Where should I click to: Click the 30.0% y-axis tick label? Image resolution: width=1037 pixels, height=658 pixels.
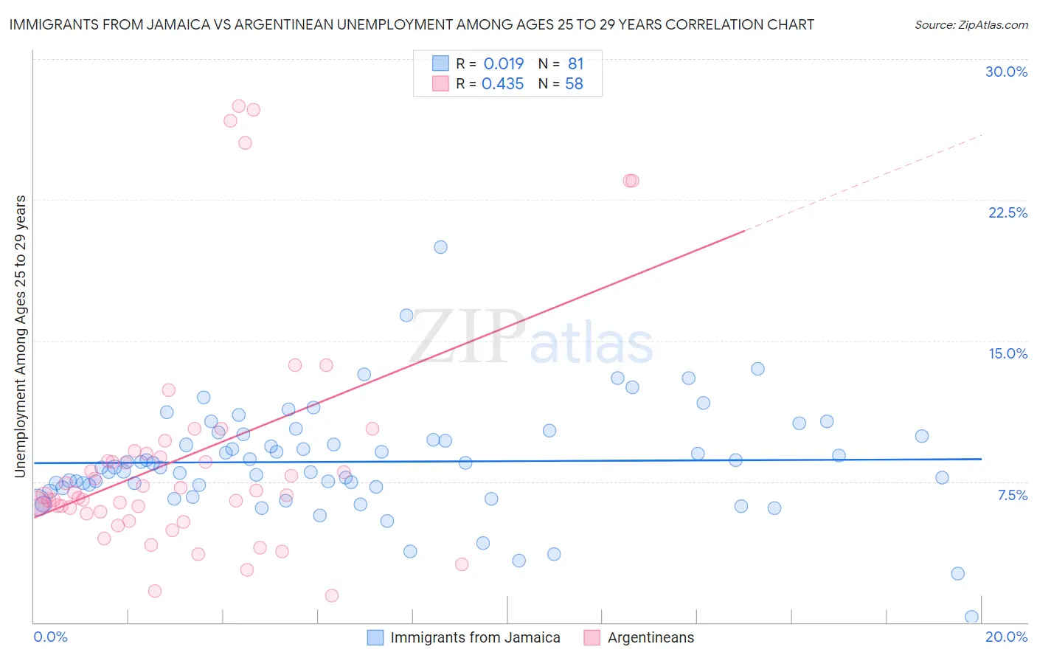pos(1006,72)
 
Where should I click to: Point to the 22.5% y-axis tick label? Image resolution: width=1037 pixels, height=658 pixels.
pos(1007,212)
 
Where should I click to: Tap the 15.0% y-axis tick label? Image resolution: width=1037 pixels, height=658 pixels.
pos(1007,353)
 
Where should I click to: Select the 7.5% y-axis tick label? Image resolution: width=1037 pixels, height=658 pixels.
pos(1012,495)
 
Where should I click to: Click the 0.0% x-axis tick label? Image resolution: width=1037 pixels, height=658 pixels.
pos(50,637)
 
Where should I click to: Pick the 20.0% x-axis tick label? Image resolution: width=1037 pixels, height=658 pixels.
pos(1006,637)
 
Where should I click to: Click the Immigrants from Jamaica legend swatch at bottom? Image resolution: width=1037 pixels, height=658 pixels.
pos(375,637)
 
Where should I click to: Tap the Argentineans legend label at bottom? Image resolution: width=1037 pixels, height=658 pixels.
pos(651,637)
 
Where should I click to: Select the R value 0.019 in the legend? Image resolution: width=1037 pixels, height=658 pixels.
pos(504,63)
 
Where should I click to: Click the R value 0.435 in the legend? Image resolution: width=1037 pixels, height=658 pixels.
pos(502,84)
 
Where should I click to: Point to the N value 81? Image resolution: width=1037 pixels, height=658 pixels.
pos(575,63)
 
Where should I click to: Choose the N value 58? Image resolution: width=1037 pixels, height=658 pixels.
pos(574,84)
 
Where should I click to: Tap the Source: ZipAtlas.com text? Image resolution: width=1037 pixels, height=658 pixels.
pos(971,24)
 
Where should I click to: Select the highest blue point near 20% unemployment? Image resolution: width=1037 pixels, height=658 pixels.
pos(440,247)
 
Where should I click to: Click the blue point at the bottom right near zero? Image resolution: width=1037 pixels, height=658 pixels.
pos(971,617)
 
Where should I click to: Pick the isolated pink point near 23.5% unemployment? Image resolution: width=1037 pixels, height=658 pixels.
pos(631,181)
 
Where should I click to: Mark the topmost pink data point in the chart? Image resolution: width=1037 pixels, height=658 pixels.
pos(238,106)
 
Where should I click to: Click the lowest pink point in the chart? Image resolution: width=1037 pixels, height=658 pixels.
pos(332,595)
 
